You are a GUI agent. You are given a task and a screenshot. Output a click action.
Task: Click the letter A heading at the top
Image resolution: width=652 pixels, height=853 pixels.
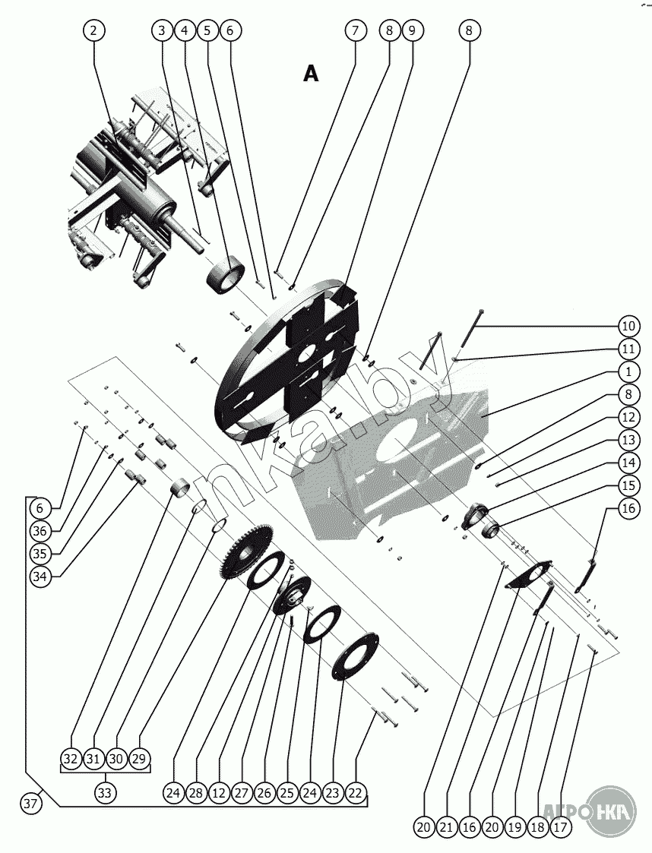[x=311, y=73]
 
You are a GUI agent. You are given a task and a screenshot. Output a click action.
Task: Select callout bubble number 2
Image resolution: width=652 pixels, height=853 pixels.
[x=93, y=30]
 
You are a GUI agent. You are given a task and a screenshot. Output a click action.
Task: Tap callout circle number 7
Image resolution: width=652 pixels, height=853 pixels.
[x=354, y=30]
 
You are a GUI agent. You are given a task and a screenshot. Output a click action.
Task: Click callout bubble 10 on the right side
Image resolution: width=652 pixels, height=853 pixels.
[x=628, y=327]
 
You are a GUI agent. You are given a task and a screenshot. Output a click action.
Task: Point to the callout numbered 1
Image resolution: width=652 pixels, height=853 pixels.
[x=628, y=372]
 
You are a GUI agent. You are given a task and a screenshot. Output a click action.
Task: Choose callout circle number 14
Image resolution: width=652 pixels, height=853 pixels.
[x=628, y=463]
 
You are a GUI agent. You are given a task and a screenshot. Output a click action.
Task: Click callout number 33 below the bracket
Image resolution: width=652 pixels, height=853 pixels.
[x=105, y=793]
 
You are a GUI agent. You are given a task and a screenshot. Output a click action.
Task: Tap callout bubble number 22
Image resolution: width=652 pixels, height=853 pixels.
[x=355, y=793]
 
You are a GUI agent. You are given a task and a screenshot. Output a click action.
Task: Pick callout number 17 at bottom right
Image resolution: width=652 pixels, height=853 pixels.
[x=559, y=827]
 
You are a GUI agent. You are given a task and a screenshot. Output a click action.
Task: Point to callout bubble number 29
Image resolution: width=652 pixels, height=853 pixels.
[x=140, y=759]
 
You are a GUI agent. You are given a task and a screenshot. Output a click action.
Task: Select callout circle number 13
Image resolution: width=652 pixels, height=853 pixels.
[x=628, y=440]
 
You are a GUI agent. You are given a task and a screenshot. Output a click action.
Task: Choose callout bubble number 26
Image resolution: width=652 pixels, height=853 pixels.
[x=264, y=793]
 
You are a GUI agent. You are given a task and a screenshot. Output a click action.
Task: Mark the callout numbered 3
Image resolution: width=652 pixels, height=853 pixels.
[x=162, y=30]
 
